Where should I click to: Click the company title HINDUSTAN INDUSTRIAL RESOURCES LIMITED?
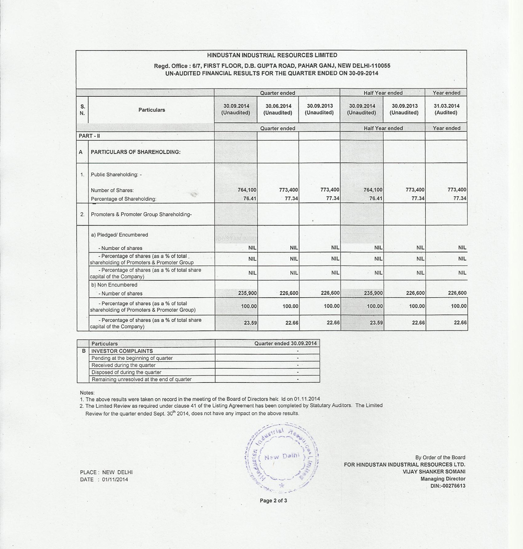coord(272,55)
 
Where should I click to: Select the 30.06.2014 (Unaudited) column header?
coord(278,109)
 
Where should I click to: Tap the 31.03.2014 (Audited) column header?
coord(446,109)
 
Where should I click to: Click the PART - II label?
coord(89,136)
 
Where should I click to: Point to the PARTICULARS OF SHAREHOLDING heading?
coord(135,152)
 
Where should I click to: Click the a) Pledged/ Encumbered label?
coord(119,235)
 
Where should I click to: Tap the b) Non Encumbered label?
coord(114,285)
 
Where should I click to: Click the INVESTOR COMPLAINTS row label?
coord(122,351)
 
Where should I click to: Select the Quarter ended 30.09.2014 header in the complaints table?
coord(285,344)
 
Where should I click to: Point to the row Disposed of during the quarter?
coord(126,373)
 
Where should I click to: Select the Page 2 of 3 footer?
coord(273,501)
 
